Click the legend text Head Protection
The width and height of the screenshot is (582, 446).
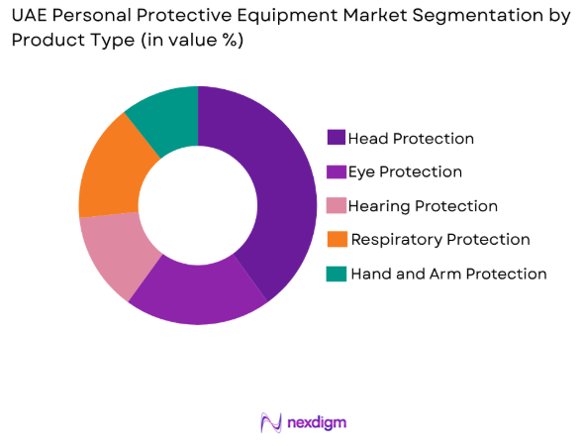[411, 139]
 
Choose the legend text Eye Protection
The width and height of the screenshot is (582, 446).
[405, 172]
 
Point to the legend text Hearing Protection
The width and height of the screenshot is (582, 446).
[423, 206]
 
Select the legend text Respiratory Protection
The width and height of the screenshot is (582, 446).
[440, 240]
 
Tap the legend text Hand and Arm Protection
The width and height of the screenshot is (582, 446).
[448, 274]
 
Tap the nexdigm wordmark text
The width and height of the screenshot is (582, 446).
[317, 423]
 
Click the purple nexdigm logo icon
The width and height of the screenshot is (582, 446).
[269, 423]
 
